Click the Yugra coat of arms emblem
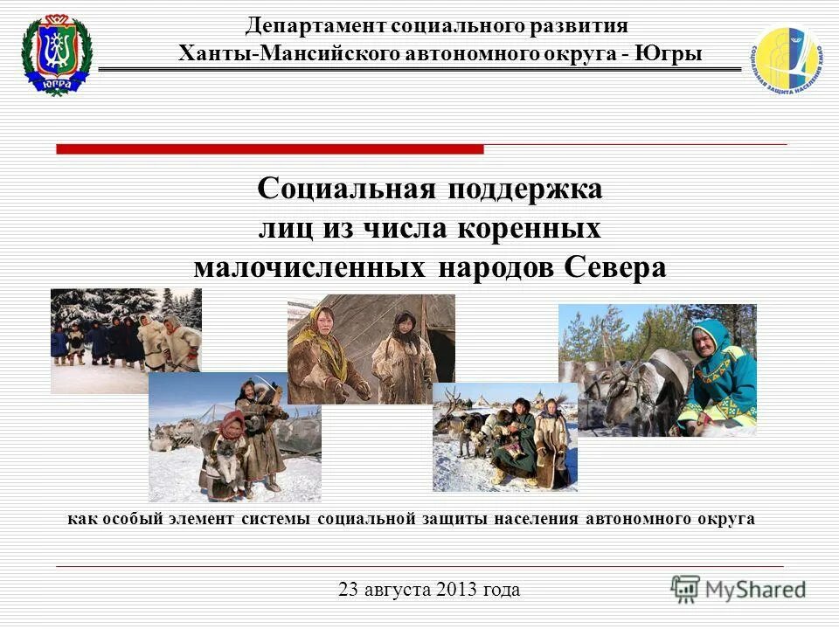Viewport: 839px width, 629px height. (57, 54)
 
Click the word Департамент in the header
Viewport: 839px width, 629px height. (314, 26)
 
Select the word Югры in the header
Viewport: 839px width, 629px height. (669, 53)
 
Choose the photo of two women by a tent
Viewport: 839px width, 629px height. (371, 348)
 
